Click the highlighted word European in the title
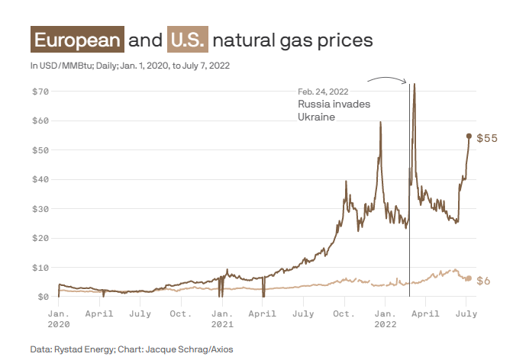(x=77, y=40)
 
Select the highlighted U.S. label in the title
(x=187, y=40)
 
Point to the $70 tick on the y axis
(x=40, y=92)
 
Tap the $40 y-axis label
(x=40, y=179)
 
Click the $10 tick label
(x=40, y=267)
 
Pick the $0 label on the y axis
(x=44, y=296)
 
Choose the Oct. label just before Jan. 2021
(x=181, y=313)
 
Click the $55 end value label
(x=487, y=138)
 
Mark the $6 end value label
(x=483, y=281)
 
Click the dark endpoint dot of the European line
(x=469, y=136)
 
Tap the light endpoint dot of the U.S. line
(x=469, y=278)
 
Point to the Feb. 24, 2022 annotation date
(x=323, y=92)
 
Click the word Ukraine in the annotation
(x=316, y=117)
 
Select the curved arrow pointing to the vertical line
(x=386, y=79)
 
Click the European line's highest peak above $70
(x=414, y=85)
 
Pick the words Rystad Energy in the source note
(x=82, y=349)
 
